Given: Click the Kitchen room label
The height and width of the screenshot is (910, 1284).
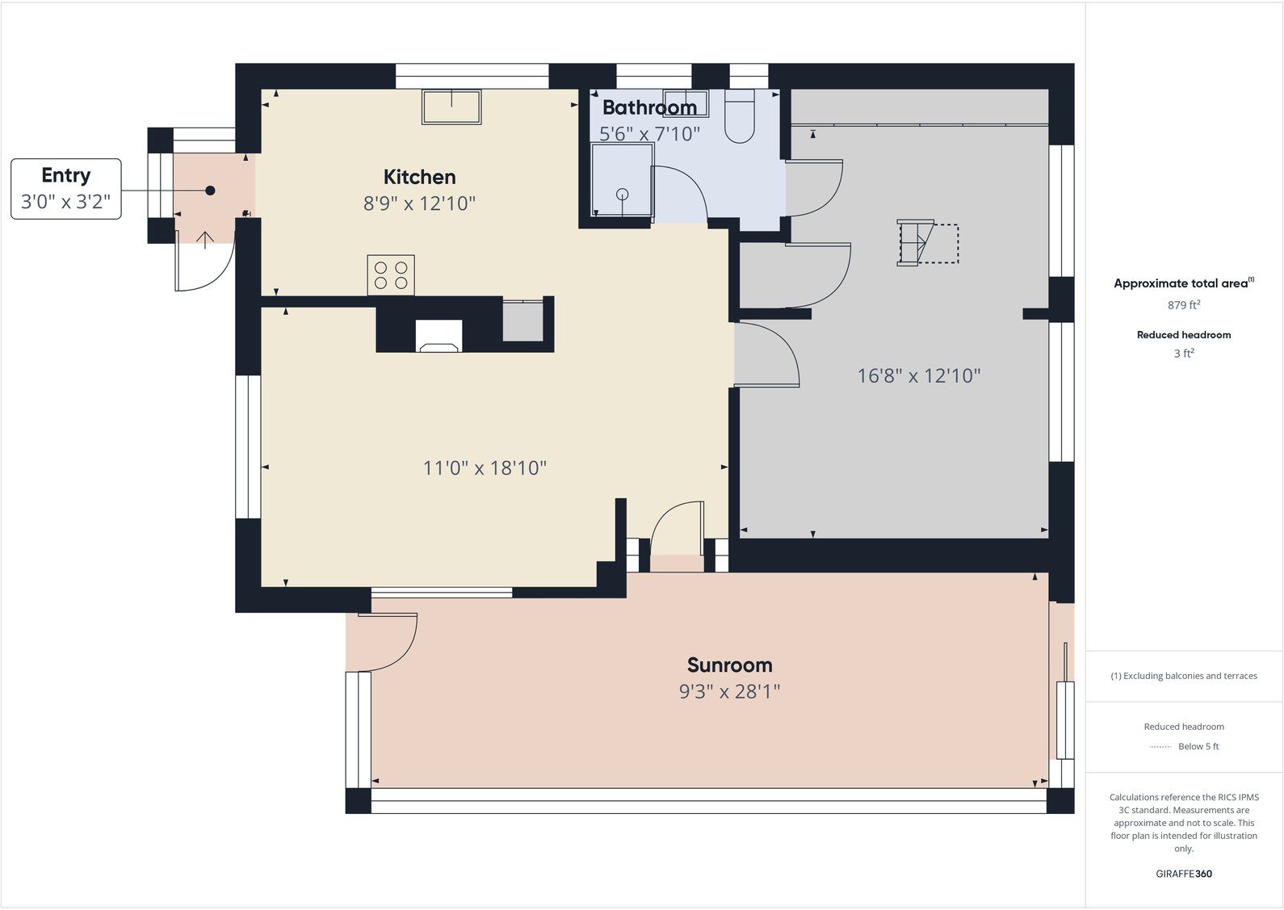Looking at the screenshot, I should [x=419, y=177].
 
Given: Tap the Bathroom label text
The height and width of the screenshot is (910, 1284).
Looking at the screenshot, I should [x=649, y=107].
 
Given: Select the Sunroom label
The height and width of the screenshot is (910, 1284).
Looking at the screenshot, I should [x=729, y=665].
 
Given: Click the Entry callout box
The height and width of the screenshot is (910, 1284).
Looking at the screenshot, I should [x=66, y=188].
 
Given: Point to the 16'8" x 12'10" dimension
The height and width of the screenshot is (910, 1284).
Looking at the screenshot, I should [x=918, y=375].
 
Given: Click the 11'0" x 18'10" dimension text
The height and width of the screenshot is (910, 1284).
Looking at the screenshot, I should [x=485, y=468].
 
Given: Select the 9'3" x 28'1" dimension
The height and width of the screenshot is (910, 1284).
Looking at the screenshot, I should [x=729, y=691].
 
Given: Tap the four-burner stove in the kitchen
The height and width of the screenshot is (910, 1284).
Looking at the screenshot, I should [x=391, y=275].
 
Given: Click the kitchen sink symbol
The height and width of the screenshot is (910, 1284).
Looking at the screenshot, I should [x=451, y=106].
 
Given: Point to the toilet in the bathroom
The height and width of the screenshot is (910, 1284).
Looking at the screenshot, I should [x=740, y=117].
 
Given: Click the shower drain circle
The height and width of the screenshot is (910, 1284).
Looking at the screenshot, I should [x=622, y=194].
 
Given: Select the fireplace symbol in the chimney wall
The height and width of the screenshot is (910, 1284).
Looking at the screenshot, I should [x=438, y=336].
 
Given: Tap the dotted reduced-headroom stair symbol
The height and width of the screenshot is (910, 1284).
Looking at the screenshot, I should [x=929, y=242].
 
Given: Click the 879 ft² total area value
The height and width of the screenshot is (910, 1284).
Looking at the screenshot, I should [x=1183, y=305].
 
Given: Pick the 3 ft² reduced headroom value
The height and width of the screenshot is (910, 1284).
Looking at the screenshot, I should [x=1183, y=354].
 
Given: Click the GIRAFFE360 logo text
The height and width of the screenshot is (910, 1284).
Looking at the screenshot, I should [x=1183, y=874].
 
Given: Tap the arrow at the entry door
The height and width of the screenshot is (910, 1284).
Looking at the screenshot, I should [x=205, y=239].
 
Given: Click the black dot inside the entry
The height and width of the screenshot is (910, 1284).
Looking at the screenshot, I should [x=210, y=191].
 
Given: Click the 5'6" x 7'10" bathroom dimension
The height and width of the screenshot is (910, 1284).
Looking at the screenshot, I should [x=649, y=134].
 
